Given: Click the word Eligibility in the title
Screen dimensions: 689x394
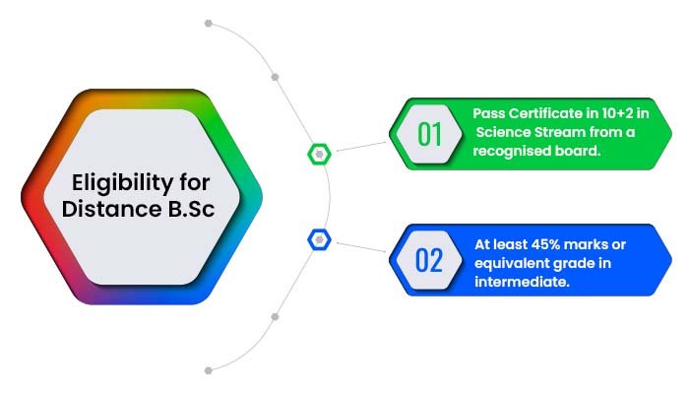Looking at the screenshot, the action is pos(123,183).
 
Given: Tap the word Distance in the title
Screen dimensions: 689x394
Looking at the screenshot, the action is pos(111,209).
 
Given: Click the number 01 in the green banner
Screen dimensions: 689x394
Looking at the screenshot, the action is pos(429,134).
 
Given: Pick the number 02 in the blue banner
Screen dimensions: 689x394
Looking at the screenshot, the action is pos(429,260).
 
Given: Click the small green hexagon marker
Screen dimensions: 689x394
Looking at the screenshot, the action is pos(320,155).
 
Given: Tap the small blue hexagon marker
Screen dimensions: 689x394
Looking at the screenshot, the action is pos(320,239).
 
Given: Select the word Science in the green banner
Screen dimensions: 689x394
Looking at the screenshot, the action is pos(503,132).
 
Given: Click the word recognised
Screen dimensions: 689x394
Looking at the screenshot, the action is pos(505,152).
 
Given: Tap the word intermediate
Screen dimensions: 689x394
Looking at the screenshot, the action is pos(522,282).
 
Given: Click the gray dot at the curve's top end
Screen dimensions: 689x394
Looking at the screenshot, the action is pos(209,24).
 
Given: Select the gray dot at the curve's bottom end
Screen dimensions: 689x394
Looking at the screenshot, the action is pos(209,370).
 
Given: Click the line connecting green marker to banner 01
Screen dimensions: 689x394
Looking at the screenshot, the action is pos(361,147).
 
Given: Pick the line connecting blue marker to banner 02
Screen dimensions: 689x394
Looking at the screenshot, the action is pos(361,247).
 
